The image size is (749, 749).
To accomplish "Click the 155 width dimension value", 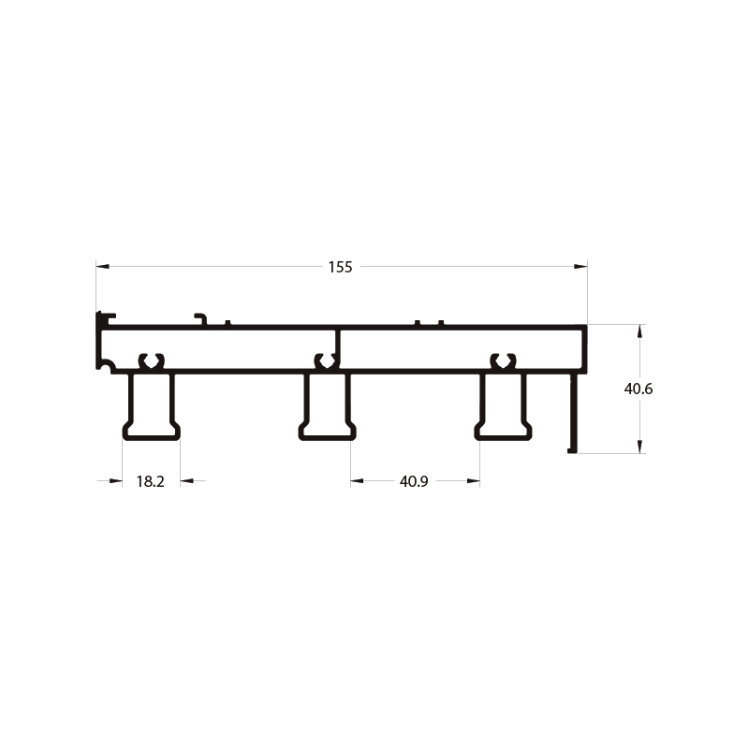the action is [x=340, y=267].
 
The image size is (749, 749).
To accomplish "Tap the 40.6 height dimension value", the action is [x=639, y=389].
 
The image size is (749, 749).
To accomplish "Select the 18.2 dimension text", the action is [x=151, y=481].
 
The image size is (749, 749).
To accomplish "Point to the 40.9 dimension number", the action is [x=414, y=481].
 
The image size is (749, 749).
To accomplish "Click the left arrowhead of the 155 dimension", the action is [x=102, y=266].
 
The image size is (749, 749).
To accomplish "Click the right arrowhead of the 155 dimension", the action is [x=580, y=266].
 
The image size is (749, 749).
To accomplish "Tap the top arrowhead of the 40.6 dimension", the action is [x=640, y=331].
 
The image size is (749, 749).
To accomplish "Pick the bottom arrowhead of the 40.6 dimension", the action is [x=640, y=448].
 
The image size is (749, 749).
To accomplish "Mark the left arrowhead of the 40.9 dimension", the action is [x=357, y=480].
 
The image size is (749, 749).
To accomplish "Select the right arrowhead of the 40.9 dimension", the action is [x=474, y=480].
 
